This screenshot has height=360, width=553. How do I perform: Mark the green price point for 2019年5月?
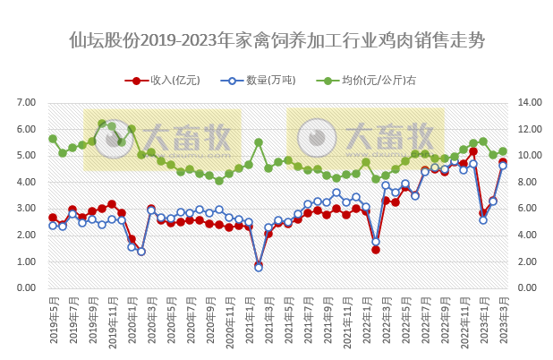53,139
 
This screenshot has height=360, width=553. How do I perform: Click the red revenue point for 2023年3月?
503,163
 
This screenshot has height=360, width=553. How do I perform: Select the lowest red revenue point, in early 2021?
259,265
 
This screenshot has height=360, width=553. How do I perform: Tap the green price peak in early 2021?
259,142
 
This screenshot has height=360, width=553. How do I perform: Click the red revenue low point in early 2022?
376,250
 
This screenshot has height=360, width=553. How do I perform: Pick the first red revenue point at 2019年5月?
53,218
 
